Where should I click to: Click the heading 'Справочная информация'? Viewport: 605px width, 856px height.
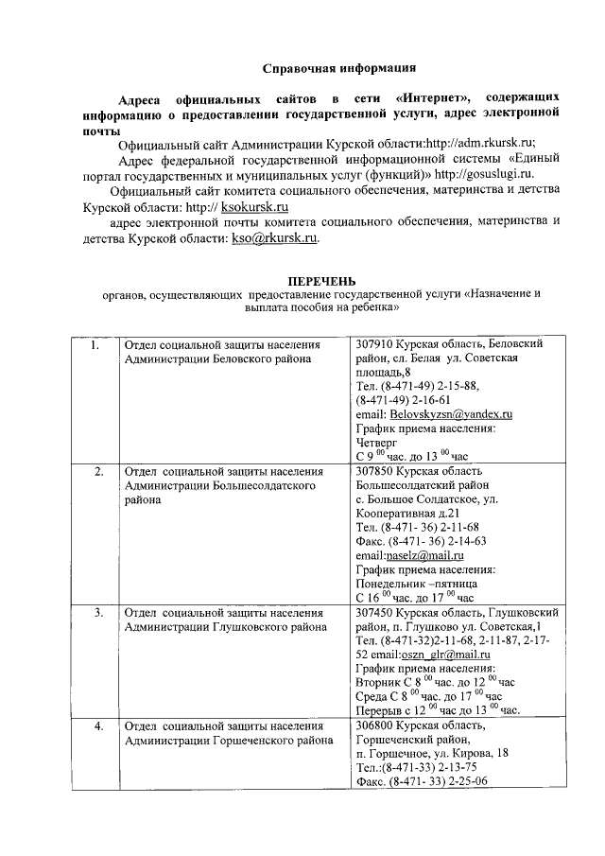(x=338, y=68)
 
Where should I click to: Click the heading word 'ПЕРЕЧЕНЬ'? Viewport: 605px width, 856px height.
(x=321, y=281)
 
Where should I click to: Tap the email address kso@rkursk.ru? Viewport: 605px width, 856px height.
(x=275, y=239)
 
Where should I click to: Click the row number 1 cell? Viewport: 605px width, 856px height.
(x=95, y=346)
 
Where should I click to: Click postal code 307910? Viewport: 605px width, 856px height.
(x=373, y=345)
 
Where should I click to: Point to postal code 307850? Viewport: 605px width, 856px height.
(x=373, y=470)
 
